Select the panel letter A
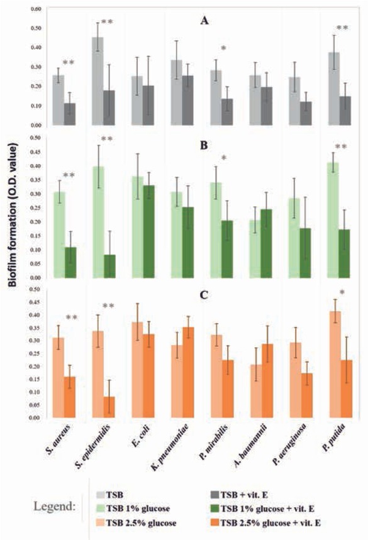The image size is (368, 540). tap(204, 21)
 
